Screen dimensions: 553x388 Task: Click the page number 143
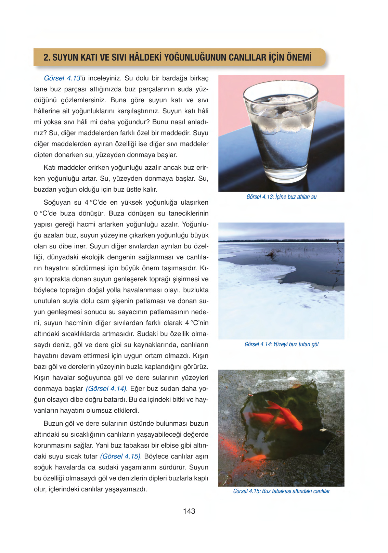[x=189, y=511]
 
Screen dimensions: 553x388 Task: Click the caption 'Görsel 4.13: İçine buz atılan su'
[x=281, y=197]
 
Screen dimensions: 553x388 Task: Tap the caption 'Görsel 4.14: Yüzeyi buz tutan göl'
[x=281, y=344]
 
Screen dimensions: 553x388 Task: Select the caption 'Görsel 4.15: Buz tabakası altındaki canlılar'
[x=281, y=491]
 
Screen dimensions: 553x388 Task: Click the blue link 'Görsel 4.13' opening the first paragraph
[x=62, y=78]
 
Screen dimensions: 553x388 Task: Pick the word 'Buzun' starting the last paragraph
[x=53, y=424]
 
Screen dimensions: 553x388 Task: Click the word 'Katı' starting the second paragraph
[x=50, y=168]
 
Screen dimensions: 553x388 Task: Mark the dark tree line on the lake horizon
[x=281, y=241]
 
